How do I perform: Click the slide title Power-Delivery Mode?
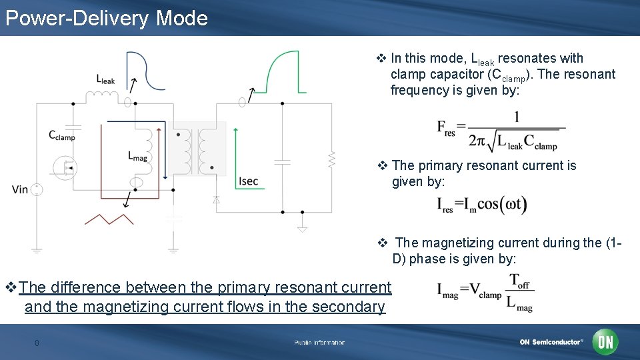coord(107,18)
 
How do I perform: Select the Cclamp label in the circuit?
coord(62,135)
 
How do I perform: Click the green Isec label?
coord(247,181)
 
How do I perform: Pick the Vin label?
coord(20,189)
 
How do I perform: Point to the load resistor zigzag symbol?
coord(331,159)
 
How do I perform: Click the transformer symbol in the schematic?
coord(194,150)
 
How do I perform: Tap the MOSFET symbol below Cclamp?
coord(65,167)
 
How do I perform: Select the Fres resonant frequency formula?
coord(501,131)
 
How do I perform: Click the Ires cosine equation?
coord(482,205)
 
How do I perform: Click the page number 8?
coord(37,343)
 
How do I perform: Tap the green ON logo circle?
coord(605,342)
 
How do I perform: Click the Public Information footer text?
coord(320,343)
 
